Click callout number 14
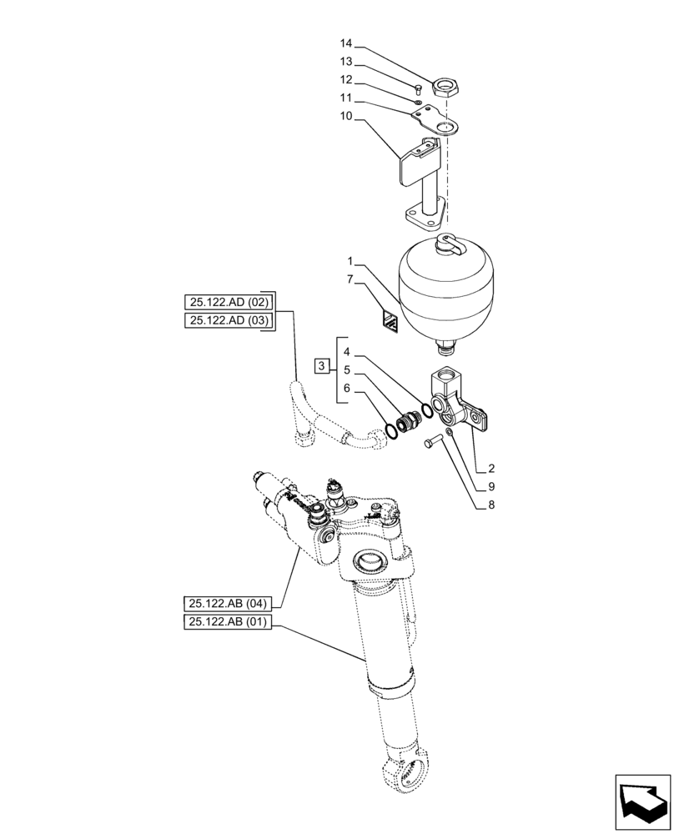[x=345, y=43]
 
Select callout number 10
[x=345, y=118]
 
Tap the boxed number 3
[x=321, y=365]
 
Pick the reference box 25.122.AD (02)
[x=228, y=302]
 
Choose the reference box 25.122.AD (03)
[x=228, y=321]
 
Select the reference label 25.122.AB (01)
[x=228, y=621]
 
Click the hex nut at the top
[x=446, y=86]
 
